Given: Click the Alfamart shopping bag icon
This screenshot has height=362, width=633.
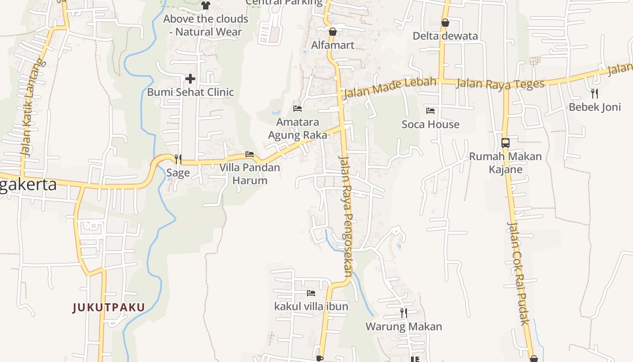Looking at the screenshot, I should [333, 32].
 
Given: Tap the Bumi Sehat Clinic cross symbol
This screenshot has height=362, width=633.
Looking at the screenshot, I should [190, 79].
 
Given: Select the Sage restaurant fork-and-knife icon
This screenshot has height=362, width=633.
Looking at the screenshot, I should [178, 159].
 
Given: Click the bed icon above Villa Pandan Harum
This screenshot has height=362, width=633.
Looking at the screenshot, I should [249, 154].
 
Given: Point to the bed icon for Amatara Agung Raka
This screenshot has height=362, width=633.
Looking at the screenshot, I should [298, 109].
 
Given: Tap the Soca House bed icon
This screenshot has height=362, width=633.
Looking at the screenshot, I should [430, 110].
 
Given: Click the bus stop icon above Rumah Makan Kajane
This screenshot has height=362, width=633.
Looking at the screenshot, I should [505, 143].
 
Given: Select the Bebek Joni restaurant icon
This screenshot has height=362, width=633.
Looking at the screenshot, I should [595, 94].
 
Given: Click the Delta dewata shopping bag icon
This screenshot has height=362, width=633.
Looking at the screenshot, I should [445, 23].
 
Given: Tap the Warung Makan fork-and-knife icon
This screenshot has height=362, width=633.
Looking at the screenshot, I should [403, 313].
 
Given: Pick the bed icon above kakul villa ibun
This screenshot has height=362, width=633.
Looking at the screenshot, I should [311, 293].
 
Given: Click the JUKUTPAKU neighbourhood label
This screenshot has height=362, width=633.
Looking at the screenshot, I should [109, 308].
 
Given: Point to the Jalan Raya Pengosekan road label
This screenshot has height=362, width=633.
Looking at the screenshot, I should [346, 216].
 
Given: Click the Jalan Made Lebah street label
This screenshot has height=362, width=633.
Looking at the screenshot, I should [390, 88].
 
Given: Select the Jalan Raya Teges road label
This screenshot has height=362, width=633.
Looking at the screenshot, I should [501, 84].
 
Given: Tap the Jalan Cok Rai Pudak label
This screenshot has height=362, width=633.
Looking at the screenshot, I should [518, 273].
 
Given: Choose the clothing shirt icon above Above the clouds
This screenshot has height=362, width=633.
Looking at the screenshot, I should [206, 5].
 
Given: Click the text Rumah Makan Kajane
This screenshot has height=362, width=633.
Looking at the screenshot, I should [505, 163].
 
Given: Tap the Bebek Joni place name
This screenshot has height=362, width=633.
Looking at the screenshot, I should [595, 107].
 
